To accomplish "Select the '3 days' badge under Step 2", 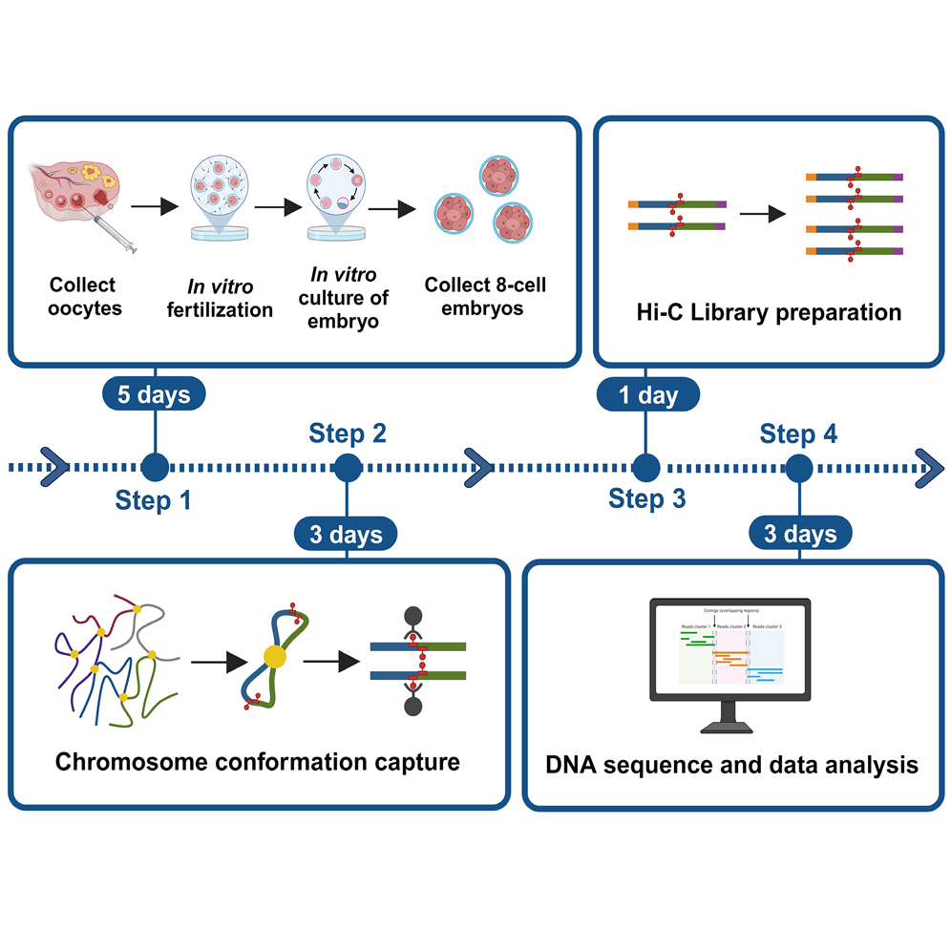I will (347, 534).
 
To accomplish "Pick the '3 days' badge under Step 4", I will (800, 534).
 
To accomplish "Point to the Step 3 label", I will (647, 498).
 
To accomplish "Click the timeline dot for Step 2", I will (348, 468).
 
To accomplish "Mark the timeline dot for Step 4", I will (799, 468).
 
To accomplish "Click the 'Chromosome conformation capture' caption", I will (257, 762).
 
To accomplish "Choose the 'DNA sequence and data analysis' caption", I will (731, 764).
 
